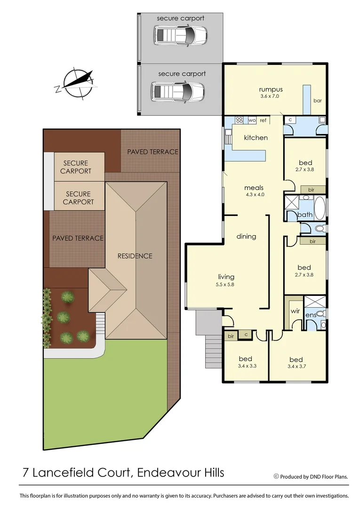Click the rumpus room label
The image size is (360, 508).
[270, 89]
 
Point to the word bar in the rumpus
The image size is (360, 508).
[318, 101]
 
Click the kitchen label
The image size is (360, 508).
[256, 138]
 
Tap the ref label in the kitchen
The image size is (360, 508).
[263, 120]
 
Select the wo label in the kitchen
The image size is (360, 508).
[252, 120]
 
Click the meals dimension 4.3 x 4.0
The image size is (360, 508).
[255, 194]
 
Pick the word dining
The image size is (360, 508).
[246, 236]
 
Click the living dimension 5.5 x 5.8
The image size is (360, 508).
[226, 285]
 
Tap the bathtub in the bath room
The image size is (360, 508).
[320, 207]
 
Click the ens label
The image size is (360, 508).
[310, 314]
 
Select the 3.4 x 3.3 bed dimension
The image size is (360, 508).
[245, 366]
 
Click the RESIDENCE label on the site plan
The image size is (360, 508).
[135, 256]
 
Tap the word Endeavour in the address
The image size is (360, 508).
[166, 472]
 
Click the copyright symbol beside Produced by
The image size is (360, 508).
[276, 476]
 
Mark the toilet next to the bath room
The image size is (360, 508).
[319, 229]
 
